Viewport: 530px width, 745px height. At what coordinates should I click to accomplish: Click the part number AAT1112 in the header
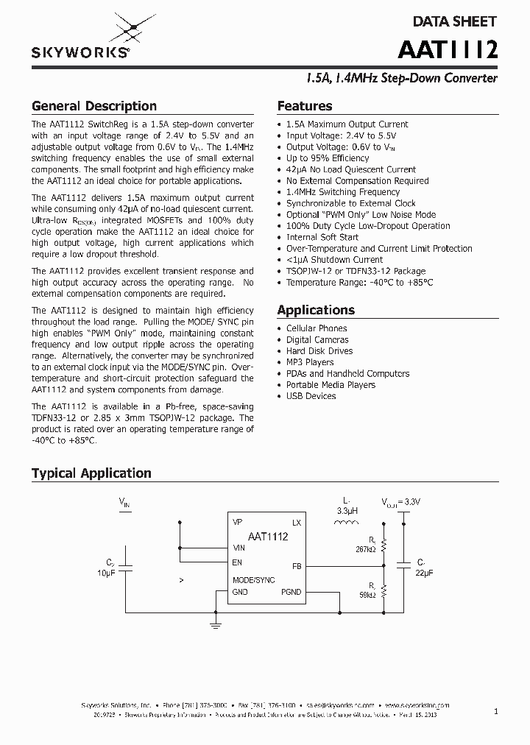click(x=448, y=49)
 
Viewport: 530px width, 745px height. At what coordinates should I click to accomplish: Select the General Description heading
click(x=94, y=106)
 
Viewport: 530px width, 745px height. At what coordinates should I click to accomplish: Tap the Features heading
click(x=305, y=106)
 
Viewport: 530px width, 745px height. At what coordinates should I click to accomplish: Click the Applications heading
click(x=316, y=310)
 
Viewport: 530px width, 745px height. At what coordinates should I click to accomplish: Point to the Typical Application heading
click(x=91, y=473)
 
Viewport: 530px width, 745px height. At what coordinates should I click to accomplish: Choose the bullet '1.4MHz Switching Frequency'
click(x=343, y=192)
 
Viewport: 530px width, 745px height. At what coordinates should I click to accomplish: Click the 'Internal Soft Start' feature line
click(x=322, y=237)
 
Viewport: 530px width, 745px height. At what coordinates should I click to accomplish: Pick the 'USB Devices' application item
click(x=311, y=396)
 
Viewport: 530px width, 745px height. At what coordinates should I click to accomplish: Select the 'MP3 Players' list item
click(x=310, y=362)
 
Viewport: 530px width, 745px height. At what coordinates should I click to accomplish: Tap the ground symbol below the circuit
click(x=216, y=625)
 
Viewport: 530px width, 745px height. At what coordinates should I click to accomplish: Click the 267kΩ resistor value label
click(x=366, y=549)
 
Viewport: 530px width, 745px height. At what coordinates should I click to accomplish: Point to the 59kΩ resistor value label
click(x=367, y=594)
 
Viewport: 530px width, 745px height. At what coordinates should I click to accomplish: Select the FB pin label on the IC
click(x=297, y=567)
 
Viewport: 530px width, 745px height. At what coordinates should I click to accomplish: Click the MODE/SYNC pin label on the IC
click(x=254, y=580)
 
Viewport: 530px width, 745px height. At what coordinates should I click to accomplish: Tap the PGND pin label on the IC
click(x=291, y=592)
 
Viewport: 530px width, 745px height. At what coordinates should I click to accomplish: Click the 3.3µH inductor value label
click(x=347, y=510)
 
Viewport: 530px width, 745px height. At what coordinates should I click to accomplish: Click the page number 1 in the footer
click(x=496, y=711)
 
